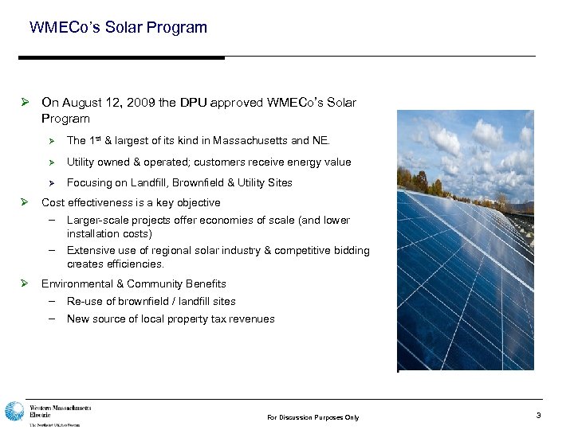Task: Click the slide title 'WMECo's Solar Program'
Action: pos(118,28)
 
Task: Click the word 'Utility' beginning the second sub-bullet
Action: pos(80,162)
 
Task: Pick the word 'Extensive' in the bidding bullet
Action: pos(90,251)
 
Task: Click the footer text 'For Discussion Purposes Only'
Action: pos(313,417)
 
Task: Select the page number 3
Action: pos(538,416)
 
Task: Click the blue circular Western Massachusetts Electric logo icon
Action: pos(14,412)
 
